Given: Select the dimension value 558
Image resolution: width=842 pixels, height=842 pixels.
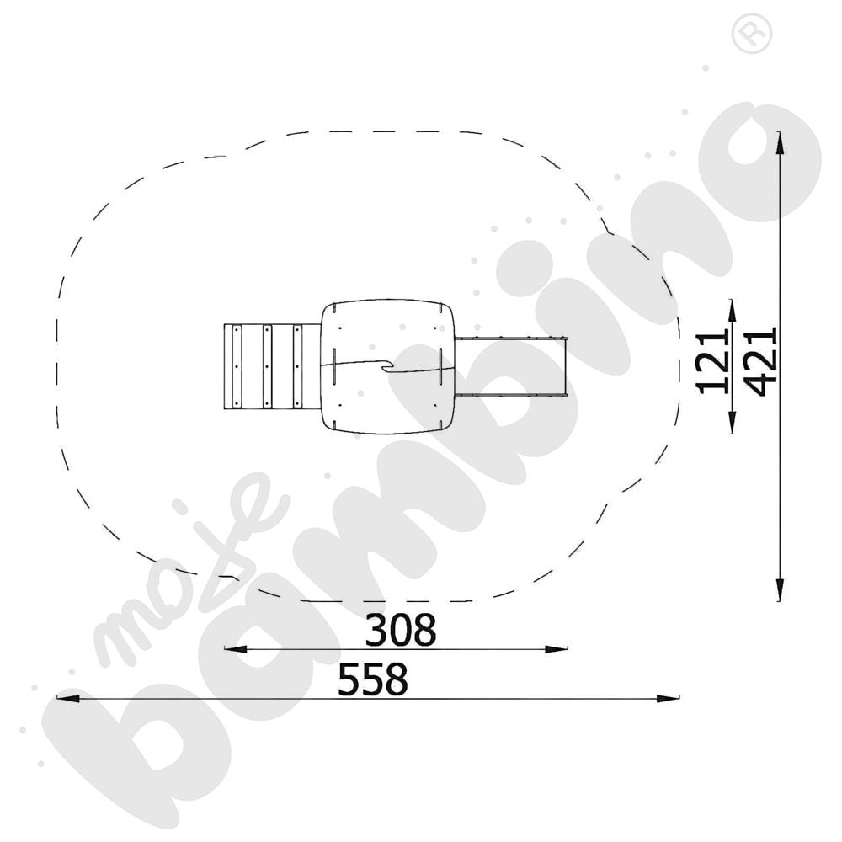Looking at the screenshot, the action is [373, 679].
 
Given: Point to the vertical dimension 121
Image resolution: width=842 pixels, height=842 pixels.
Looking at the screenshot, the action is [712, 363].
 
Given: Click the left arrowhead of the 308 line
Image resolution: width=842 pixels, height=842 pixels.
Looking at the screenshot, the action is [235, 649].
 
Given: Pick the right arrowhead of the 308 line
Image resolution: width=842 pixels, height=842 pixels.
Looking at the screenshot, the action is [557, 649].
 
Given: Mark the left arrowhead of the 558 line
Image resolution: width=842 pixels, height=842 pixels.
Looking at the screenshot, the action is [67, 699].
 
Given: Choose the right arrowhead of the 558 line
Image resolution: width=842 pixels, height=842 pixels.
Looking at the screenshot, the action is [668, 699].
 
